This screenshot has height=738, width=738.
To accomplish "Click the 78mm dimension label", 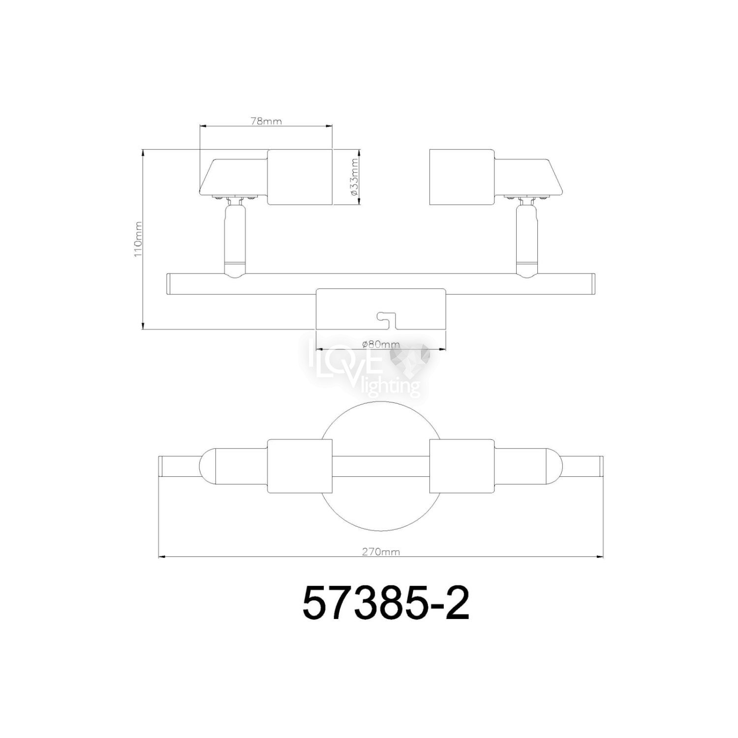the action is [x=266, y=122].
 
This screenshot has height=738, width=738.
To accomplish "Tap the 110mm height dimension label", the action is [x=139, y=240].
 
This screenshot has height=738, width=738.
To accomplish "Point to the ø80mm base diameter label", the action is [x=381, y=344].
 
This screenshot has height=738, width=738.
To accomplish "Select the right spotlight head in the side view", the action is [x=495, y=177].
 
